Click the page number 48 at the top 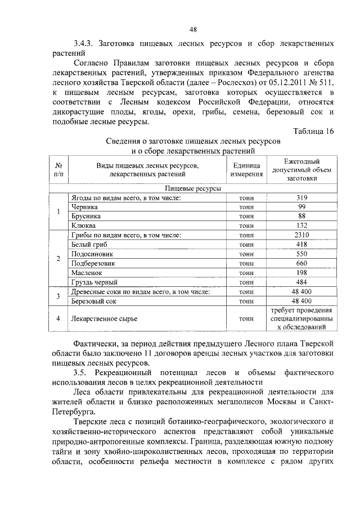pos(193,29)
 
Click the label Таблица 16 pos(314,131)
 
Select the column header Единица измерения pos(246,170)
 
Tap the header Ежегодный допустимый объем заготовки pos(301,170)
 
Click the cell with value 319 pos(301,198)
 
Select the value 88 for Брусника pos(301,216)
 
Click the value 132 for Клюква pos(301,225)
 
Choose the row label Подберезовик pos(92,263)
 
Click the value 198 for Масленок pos(301,272)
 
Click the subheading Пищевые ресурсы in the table pos(192,188)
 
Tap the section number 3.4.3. pos(85,43)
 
